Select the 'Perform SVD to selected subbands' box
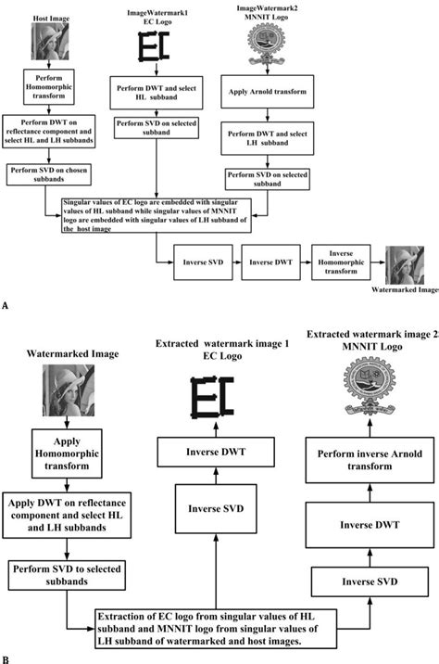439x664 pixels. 59,573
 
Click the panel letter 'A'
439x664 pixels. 6,303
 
